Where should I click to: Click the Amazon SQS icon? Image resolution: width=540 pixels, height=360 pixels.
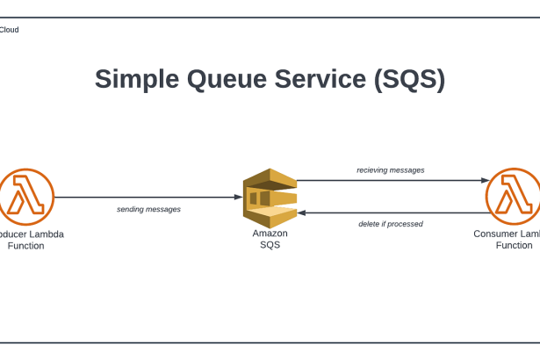point(270,198)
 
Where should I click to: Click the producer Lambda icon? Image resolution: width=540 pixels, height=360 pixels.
point(26,198)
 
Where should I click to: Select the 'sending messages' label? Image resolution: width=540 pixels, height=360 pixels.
point(148,210)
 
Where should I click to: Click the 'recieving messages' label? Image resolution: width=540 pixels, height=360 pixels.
point(391,169)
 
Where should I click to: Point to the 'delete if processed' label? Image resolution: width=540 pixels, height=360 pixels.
point(391,224)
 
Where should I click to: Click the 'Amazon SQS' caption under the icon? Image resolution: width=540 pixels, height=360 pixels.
point(270,239)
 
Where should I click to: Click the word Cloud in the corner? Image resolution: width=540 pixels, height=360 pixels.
point(9,30)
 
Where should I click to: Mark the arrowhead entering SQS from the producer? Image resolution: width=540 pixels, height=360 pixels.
point(239,198)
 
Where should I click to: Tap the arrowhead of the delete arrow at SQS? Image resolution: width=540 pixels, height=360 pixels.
point(301,212)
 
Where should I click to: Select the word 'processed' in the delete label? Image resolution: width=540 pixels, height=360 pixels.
point(406,224)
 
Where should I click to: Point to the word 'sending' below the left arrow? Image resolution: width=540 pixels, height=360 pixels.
point(132,210)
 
